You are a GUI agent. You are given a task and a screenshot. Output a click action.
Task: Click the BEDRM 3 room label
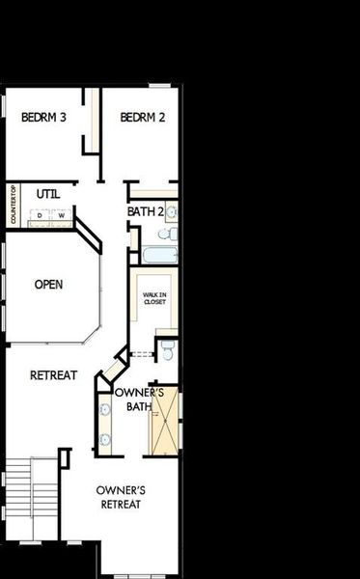click(x=43, y=118)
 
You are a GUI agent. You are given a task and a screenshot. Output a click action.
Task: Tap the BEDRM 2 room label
click(x=144, y=118)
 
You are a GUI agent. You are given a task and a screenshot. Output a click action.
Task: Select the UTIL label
click(x=47, y=194)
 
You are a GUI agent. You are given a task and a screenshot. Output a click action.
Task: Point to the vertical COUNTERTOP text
click(x=14, y=206)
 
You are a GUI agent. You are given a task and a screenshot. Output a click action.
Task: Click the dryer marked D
click(x=41, y=215)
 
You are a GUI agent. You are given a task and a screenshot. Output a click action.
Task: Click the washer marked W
click(x=60, y=215)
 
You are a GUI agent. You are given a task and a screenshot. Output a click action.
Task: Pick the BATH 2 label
click(x=144, y=211)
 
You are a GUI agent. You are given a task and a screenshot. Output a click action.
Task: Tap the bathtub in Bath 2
click(x=159, y=255)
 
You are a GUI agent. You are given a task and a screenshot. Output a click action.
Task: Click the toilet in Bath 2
click(x=165, y=234)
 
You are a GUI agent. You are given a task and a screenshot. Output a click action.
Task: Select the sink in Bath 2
click(x=171, y=211)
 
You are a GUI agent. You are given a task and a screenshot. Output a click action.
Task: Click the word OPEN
click(x=48, y=285)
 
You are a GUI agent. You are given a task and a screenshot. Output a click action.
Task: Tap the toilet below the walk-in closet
click(x=166, y=350)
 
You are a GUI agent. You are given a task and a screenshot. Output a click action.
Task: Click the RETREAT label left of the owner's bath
click(x=53, y=374)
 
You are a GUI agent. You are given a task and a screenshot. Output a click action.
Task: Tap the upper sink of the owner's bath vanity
click(x=104, y=409)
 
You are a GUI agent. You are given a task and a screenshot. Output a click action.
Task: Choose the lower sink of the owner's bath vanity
click(x=104, y=438)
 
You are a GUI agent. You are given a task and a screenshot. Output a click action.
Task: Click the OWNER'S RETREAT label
click(x=120, y=497)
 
